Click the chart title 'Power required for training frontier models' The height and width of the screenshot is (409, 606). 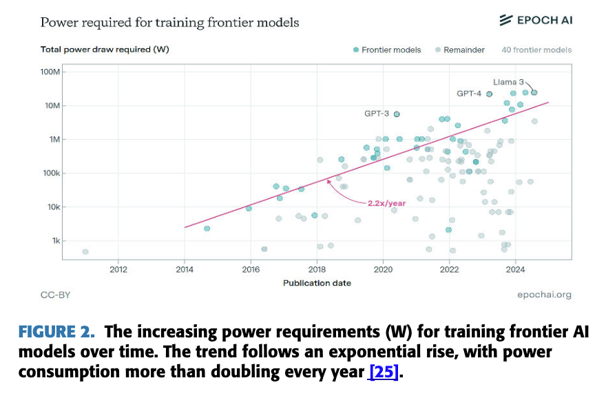[x=169, y=23]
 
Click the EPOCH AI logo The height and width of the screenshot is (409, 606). [x=535, y=20]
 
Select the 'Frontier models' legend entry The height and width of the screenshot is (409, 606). [x=386, y=50]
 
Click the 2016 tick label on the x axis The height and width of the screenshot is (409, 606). [x=251, y=269]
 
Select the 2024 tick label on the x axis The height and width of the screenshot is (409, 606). [x=515, y=269]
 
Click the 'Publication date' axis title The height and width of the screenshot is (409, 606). [x=317, y=283]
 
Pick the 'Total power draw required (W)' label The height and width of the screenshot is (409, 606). [x=105, y=50]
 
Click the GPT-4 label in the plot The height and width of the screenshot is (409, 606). [x=469, y=94]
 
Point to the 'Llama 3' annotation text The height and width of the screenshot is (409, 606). [x=509, y=82]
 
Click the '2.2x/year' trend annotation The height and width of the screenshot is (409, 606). [x=386, y=203]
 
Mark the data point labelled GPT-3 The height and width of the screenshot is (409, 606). [x=397, y=114]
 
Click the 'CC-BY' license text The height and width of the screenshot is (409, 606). [x=55, y=295]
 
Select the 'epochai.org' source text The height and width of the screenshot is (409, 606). [x=544, y=295]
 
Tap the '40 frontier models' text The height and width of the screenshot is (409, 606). [x=536, y=50]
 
